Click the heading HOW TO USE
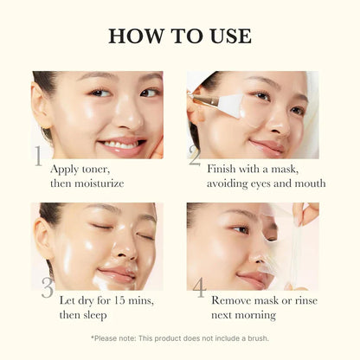[x=180, y=35]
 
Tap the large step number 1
[x=38, y=156]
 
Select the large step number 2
[x=194, y=157]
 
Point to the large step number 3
[x=47, y=289]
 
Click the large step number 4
[x=200, y=288]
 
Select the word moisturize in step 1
[x=99, y=183]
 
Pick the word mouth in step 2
[x=307, y=183]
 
